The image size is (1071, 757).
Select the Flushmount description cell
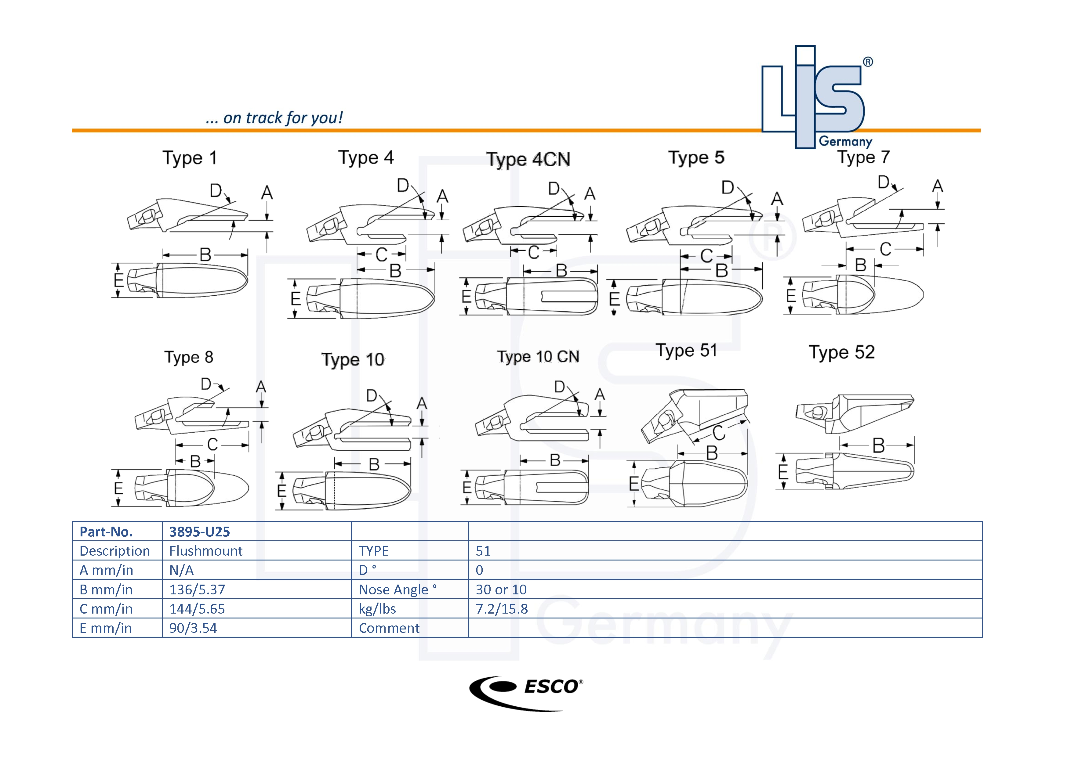pos(206,551)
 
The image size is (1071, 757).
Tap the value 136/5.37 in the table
pos(197,590)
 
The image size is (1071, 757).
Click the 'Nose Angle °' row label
pos(398,590)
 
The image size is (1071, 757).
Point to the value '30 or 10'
pos(501,590)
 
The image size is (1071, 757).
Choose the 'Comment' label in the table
pos(389,628)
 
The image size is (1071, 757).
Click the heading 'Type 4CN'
pos(528,159)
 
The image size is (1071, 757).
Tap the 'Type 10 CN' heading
pos(538,357)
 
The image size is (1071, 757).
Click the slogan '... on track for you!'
pos(274,118)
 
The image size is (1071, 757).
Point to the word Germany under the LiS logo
pos(845,141)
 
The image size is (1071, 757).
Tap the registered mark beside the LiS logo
pos(868,62)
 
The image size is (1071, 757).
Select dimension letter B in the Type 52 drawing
pos(878,445)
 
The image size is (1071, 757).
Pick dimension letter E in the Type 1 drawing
pos(118,280)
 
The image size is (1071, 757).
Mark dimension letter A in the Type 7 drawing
pos(937,186)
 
